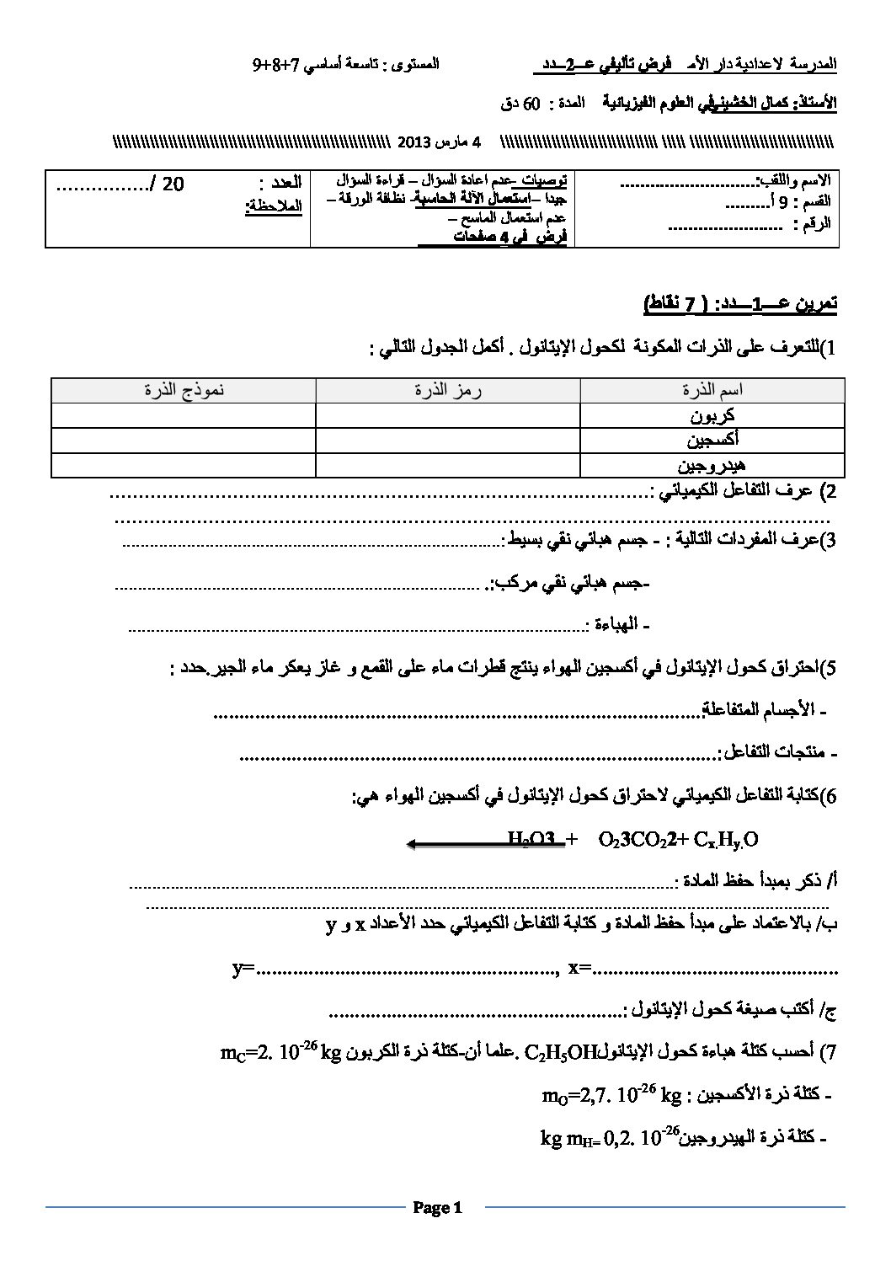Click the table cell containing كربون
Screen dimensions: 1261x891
712,416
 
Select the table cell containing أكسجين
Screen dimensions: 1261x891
712,440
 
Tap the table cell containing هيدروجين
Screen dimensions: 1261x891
712,464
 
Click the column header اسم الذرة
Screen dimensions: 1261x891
712,391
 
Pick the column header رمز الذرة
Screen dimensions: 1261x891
447,391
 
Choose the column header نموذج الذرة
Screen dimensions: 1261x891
184,391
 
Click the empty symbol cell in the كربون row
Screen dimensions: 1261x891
447,416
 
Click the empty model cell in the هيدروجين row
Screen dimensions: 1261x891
184,464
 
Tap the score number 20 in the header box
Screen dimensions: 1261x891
173,184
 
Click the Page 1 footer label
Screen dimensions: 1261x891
438,1208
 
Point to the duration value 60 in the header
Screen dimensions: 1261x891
531,105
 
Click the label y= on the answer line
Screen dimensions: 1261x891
243,969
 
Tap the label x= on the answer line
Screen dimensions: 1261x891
581,969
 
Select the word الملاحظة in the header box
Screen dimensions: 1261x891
273,205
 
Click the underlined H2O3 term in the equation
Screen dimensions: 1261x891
531,839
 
